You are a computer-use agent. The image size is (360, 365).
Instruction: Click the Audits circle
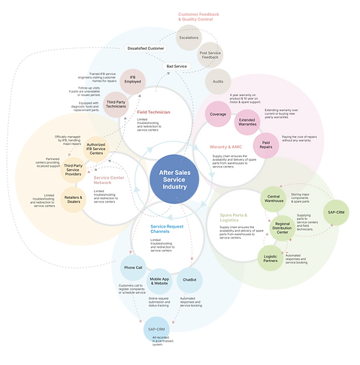coord(218,81)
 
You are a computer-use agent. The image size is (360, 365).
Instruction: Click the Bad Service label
coord(177,67)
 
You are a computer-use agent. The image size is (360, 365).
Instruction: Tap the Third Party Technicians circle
coord(116,104)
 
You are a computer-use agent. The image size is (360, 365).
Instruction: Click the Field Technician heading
coord(154,113)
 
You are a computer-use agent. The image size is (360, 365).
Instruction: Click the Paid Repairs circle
coord(269,143)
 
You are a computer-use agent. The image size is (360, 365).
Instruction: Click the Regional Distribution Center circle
coord(283,228)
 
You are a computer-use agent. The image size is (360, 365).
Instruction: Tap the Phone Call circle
coord(133,267)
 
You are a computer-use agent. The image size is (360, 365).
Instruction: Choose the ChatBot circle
coord(190,280)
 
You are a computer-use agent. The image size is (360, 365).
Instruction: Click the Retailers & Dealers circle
coord(73,198)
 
